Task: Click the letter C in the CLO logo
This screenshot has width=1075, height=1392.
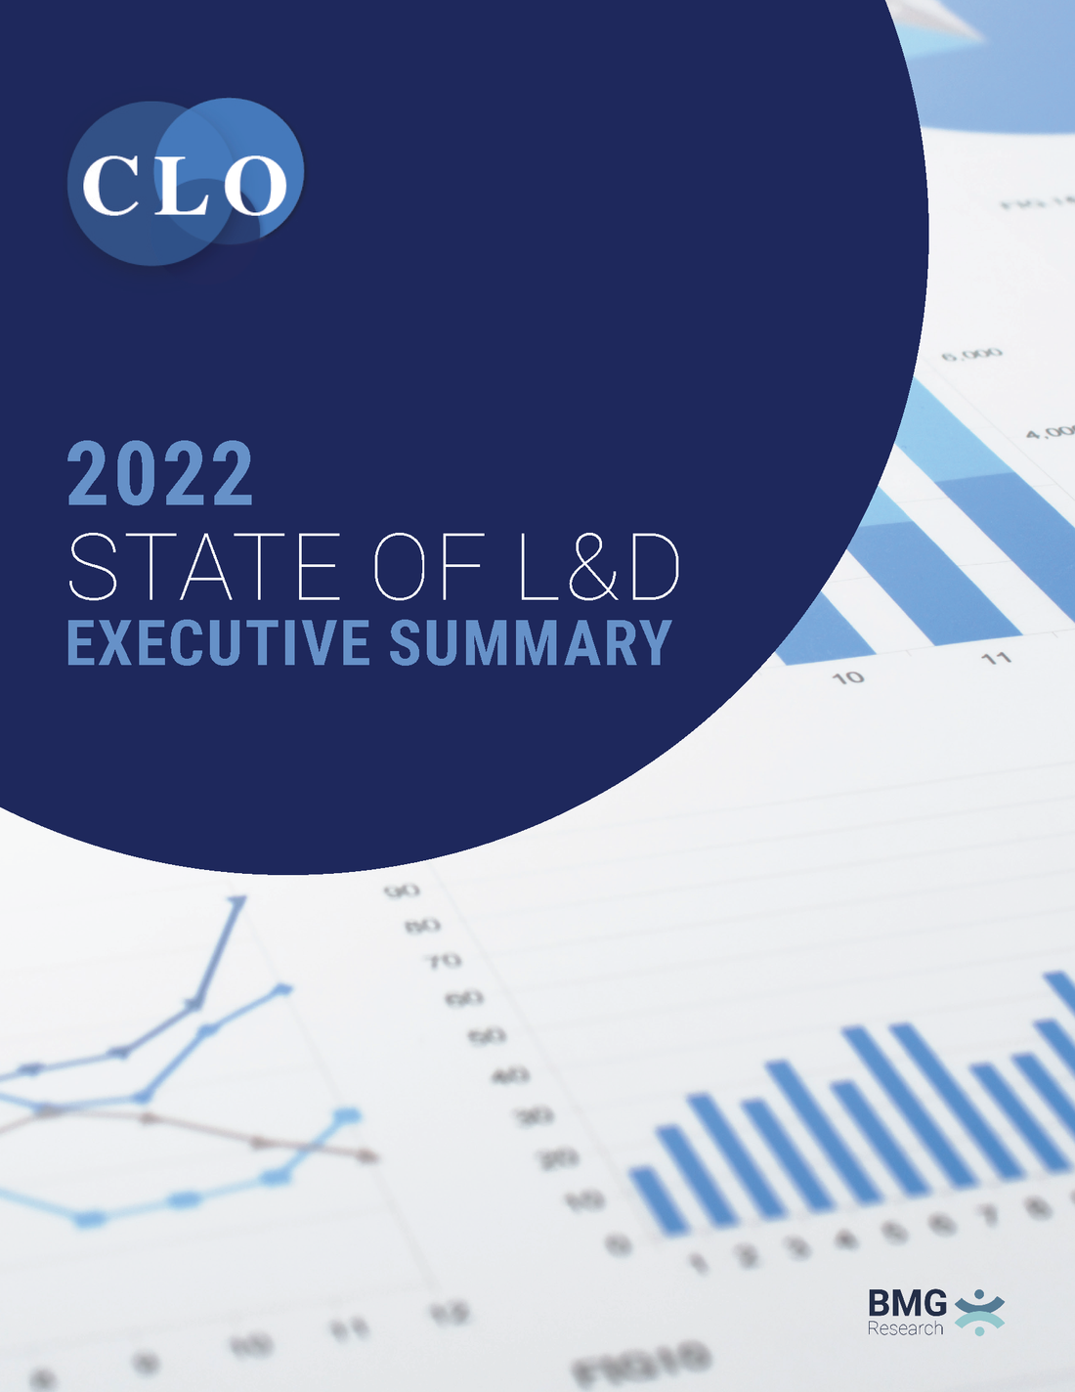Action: click(109, 185)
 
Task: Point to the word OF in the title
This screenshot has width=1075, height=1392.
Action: click(430, 567)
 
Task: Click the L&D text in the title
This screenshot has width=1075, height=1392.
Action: click(598, 567)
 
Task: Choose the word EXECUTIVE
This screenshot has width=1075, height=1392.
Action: click(218, 643)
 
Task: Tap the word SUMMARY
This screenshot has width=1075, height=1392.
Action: click(531, 643)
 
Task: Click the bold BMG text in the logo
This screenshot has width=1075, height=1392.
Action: click(907, 1303)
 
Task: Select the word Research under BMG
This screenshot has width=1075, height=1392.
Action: click(905, 1328)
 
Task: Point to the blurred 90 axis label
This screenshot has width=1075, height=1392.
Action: click(402, 891)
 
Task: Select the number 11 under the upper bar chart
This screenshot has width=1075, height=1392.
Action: click(996, 658)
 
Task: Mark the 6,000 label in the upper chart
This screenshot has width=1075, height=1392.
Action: click(971, 353)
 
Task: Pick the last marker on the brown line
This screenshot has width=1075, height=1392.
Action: click(367, 1156)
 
